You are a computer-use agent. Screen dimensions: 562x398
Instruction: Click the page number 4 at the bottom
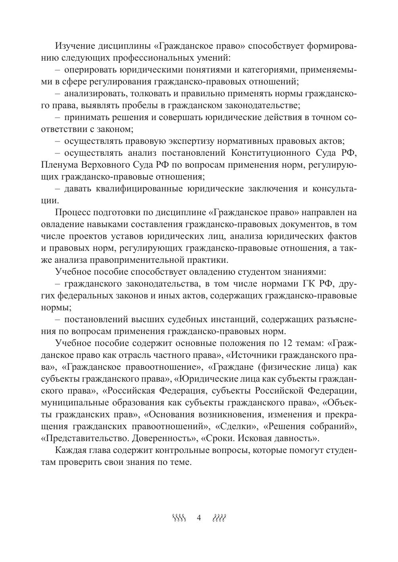[199, 518]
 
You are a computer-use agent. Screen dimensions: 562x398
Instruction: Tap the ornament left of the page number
[179, 518]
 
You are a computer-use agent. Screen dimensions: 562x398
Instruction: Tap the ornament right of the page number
[219, 518]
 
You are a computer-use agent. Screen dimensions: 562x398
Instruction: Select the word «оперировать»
[86, 70]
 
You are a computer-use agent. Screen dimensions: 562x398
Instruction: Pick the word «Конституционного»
[273, 153]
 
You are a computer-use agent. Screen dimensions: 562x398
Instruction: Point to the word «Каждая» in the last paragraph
[70, 451]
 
